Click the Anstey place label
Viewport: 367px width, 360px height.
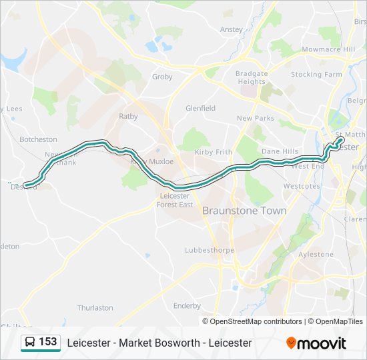pyautogui.click(x=232, y=29)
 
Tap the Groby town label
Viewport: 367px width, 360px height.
pyautogui.click(x=162, y=77)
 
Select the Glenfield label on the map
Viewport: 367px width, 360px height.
pyautogui.click(x=200, y=107)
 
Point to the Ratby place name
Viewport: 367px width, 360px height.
pyautogui.click(x=128, y=116)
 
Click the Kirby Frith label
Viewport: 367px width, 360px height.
pyautogui.click(x=214, y=153)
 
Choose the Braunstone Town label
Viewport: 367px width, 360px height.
pyautogui.click(x=244, y=211)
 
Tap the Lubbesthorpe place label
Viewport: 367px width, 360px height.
pyautogui.click(x=206, y=250)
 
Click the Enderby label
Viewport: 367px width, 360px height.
pyautogui.click(x=187, y=306)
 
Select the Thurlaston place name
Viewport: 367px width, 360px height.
pyautogui.click(x=95, y=308)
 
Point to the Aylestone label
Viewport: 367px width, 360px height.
pyautogui.click(x=316, y=254)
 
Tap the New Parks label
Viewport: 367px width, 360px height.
pyautogui.click(x=256, y=118)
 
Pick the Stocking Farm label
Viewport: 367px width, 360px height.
pyautogui.click(x=316, y=75)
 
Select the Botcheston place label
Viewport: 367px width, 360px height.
pyautogui.click(x=39, y=139)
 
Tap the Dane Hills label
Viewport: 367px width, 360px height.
pyautogui.click(x=280, y=151)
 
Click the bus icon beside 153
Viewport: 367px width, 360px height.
pyautogui.click(x=30, y=343)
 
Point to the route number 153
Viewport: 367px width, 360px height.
pyautogui.click(x=48, y=342)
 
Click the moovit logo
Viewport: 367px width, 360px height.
pyautogui.click(x=316, y=343)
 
